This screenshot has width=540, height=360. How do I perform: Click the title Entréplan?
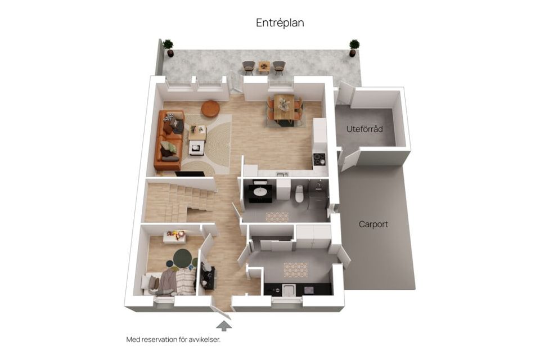coord(280,22)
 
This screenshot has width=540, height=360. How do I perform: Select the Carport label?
coord(373,224)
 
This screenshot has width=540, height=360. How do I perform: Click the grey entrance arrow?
coord(223,325)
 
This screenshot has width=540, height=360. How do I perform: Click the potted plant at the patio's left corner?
coord(168,47)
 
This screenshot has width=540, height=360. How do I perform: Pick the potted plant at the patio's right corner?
coord(354,47)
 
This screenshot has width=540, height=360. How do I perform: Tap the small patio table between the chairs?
coord(264,67)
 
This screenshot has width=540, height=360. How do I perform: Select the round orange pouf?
coord(210,109)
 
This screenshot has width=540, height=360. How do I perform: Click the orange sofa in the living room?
coord(168,141)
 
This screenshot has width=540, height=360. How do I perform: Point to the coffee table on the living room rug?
coord(197,133)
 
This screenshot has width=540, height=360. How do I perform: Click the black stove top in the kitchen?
coord(319,159)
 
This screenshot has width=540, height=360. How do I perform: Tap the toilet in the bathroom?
coord(299,193)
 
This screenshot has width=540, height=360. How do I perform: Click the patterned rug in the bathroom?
coord(277,216)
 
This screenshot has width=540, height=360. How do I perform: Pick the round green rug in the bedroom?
coord(182,258)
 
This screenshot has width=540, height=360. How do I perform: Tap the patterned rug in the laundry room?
coord(295,269)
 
